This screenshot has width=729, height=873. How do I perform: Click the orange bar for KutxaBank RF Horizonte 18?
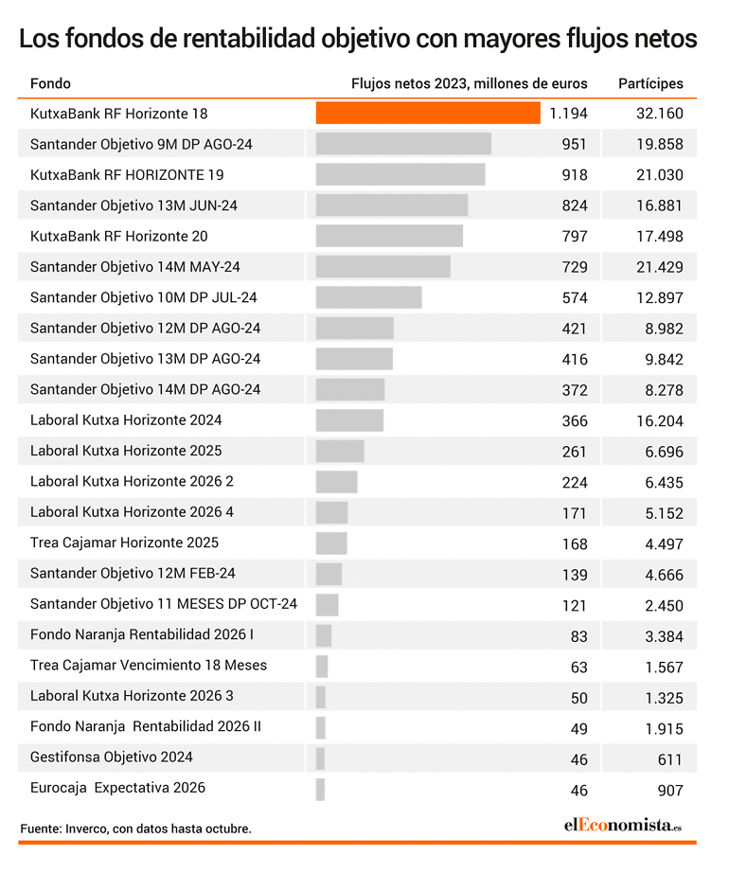click(x=428, y=113)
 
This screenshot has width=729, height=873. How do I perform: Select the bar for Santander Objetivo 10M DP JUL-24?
click(x=369, y=297)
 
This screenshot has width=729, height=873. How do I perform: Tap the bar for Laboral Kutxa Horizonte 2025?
click(x=340, y=451)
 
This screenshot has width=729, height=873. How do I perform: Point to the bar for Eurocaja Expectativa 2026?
click(x=320, y=790)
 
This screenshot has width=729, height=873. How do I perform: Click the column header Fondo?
click(x=50, y=83)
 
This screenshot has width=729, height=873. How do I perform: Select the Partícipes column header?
click(x=650, y=83)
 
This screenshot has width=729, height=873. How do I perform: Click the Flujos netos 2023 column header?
click(x=470, y=83)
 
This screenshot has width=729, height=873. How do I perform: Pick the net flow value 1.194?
click(x=568, y=114)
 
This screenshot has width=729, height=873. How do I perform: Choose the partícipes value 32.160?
click(x=660, y=114)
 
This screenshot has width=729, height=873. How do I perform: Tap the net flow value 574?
click(x=575, y=298)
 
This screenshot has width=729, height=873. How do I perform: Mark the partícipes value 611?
click(x=670, y=759)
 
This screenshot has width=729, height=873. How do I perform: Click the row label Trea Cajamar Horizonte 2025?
click(x=124, y=543)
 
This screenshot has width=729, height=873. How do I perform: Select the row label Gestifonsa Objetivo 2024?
click(x=112, y=757)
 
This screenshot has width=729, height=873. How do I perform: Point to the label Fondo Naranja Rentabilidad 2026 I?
click(x=142, y=634)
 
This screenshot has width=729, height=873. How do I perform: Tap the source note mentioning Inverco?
click(x=135, y=828)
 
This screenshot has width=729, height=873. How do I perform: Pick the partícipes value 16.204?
click(x=660, y=421)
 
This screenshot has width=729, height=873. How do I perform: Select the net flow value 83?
click(x=578, y=636)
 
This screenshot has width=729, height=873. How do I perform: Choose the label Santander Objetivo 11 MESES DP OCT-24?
click(x=164, y=604)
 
